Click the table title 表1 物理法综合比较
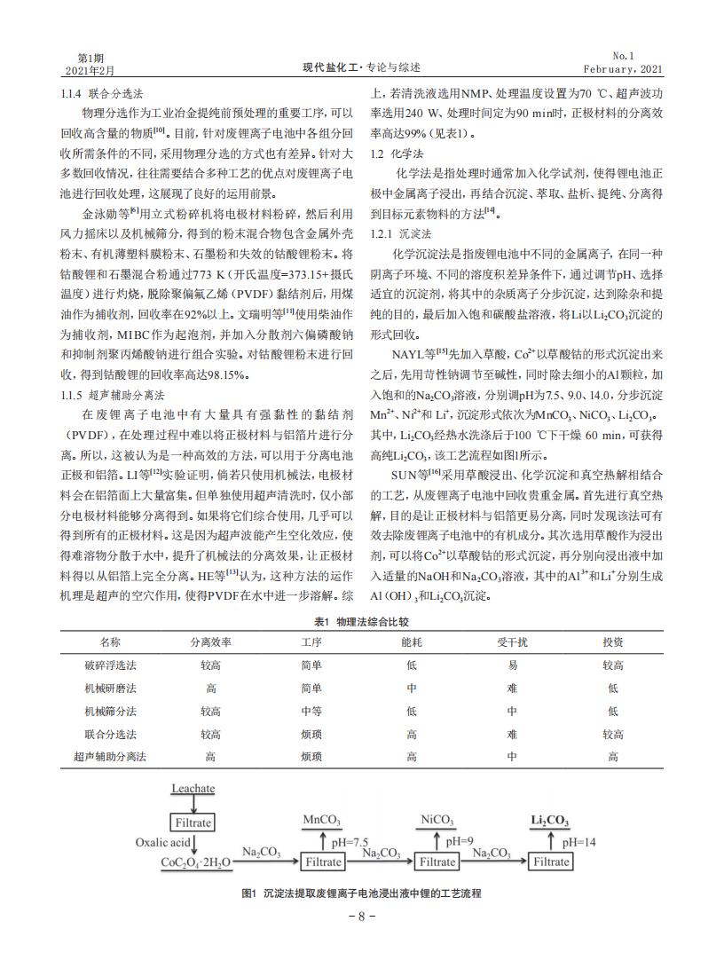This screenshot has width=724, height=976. click(x=362, y=623)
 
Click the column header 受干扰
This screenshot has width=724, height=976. click(x=512, y=641)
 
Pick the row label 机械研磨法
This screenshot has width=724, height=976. click(x=110, y=688)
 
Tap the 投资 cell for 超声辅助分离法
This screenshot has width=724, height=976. click(x=612, y=757)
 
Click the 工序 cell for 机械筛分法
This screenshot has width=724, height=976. click(x=311, y=711)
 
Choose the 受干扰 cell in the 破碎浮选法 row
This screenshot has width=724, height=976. click(x=512, y=665)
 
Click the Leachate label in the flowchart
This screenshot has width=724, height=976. click(x=193, y=788)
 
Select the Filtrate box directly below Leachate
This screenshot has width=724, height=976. click(x=193, y=823)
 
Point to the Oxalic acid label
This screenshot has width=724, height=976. click(x=162, y=842)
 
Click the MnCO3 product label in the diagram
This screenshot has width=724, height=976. click(x=322, y=820)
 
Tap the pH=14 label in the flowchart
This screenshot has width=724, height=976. click(x=578, y=841)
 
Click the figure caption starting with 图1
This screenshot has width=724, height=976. click(x=361, y=893)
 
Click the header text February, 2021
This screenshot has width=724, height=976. click(x=623, y=68)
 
